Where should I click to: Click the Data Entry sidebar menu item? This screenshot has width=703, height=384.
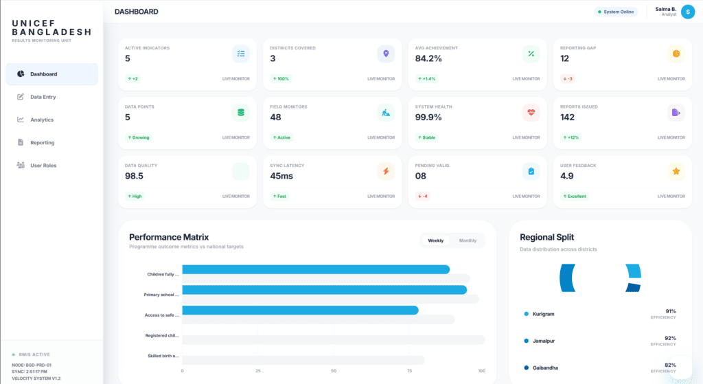tap(43, 97)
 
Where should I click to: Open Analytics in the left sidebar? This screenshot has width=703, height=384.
tap(41, 120)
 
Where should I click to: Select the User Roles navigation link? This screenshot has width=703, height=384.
tap(43, 166)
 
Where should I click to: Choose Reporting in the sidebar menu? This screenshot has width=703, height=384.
tap(42, 143)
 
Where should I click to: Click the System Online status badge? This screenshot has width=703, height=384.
tap(616, 12)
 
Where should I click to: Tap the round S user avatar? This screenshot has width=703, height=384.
tap(687, 12)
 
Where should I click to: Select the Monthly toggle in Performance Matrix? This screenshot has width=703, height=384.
tap(468, 240)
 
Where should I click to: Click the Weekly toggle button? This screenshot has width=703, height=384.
tap(435, 240)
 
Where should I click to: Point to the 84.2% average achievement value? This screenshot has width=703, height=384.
tap(428, 58)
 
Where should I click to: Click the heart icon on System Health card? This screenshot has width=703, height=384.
tap(531, 113)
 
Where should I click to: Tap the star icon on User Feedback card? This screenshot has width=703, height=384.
tap(676, 171)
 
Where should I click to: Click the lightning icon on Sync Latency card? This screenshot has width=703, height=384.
tap(386, 171)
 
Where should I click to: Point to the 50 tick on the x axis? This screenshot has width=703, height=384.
tap(333, 371)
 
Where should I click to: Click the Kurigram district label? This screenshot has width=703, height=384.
tap(543, 314)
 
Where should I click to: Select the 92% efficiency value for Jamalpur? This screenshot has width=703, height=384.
tap(670, 338)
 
